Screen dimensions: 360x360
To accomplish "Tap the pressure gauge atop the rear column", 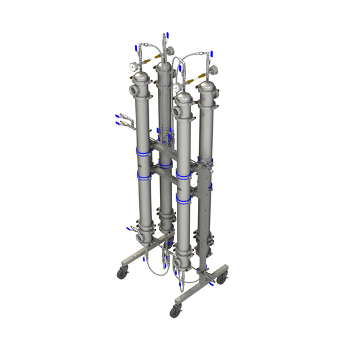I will pyautogui.click(x=167, y=51).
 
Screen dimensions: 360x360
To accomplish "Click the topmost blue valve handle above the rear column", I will pyautogui.click(x=164, y=34).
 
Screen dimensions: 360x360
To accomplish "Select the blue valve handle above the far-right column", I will pyautogui.click(x=213, y=52).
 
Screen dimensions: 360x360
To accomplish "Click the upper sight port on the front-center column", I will pyautogui.click(x=178, y=107).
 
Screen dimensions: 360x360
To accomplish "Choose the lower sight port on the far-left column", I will pyautogui.click(x=138, y=237).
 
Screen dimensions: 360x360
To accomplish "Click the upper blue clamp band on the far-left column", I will pyautogui.click(x=143, y=153).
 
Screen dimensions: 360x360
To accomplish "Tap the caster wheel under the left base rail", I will pyautogui.click(x=122, y=272).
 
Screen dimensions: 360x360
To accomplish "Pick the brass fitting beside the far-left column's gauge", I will pyautogui.click(x=147, y=68).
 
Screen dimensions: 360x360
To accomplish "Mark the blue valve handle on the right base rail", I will pyautogui.click(x=212, y=285).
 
